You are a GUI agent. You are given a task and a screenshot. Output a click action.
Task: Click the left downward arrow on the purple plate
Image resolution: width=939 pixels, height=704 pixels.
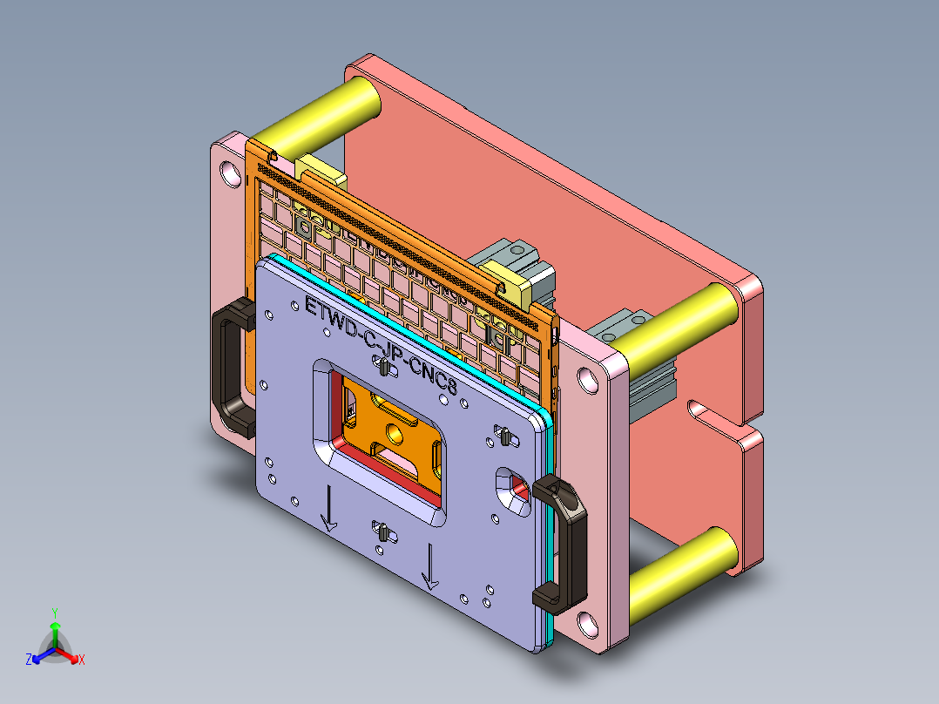(x=328, y=510)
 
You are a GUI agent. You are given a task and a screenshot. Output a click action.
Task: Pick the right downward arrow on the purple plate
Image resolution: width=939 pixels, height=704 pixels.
(x=429, y=565)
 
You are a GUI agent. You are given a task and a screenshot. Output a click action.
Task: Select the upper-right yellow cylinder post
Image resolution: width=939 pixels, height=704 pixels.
(x=679, y=328)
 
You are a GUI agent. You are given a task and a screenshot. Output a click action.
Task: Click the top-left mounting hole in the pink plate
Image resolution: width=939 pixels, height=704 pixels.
(x=231, y=172)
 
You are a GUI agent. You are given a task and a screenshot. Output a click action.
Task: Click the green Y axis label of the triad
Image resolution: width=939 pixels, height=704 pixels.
(x=54, y=612)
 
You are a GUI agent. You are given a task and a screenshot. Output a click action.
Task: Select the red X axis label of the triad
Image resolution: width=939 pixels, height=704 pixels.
(x=82, y=660)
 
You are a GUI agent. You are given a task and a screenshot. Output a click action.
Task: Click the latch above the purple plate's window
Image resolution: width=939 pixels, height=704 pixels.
(x=383, y=368)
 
